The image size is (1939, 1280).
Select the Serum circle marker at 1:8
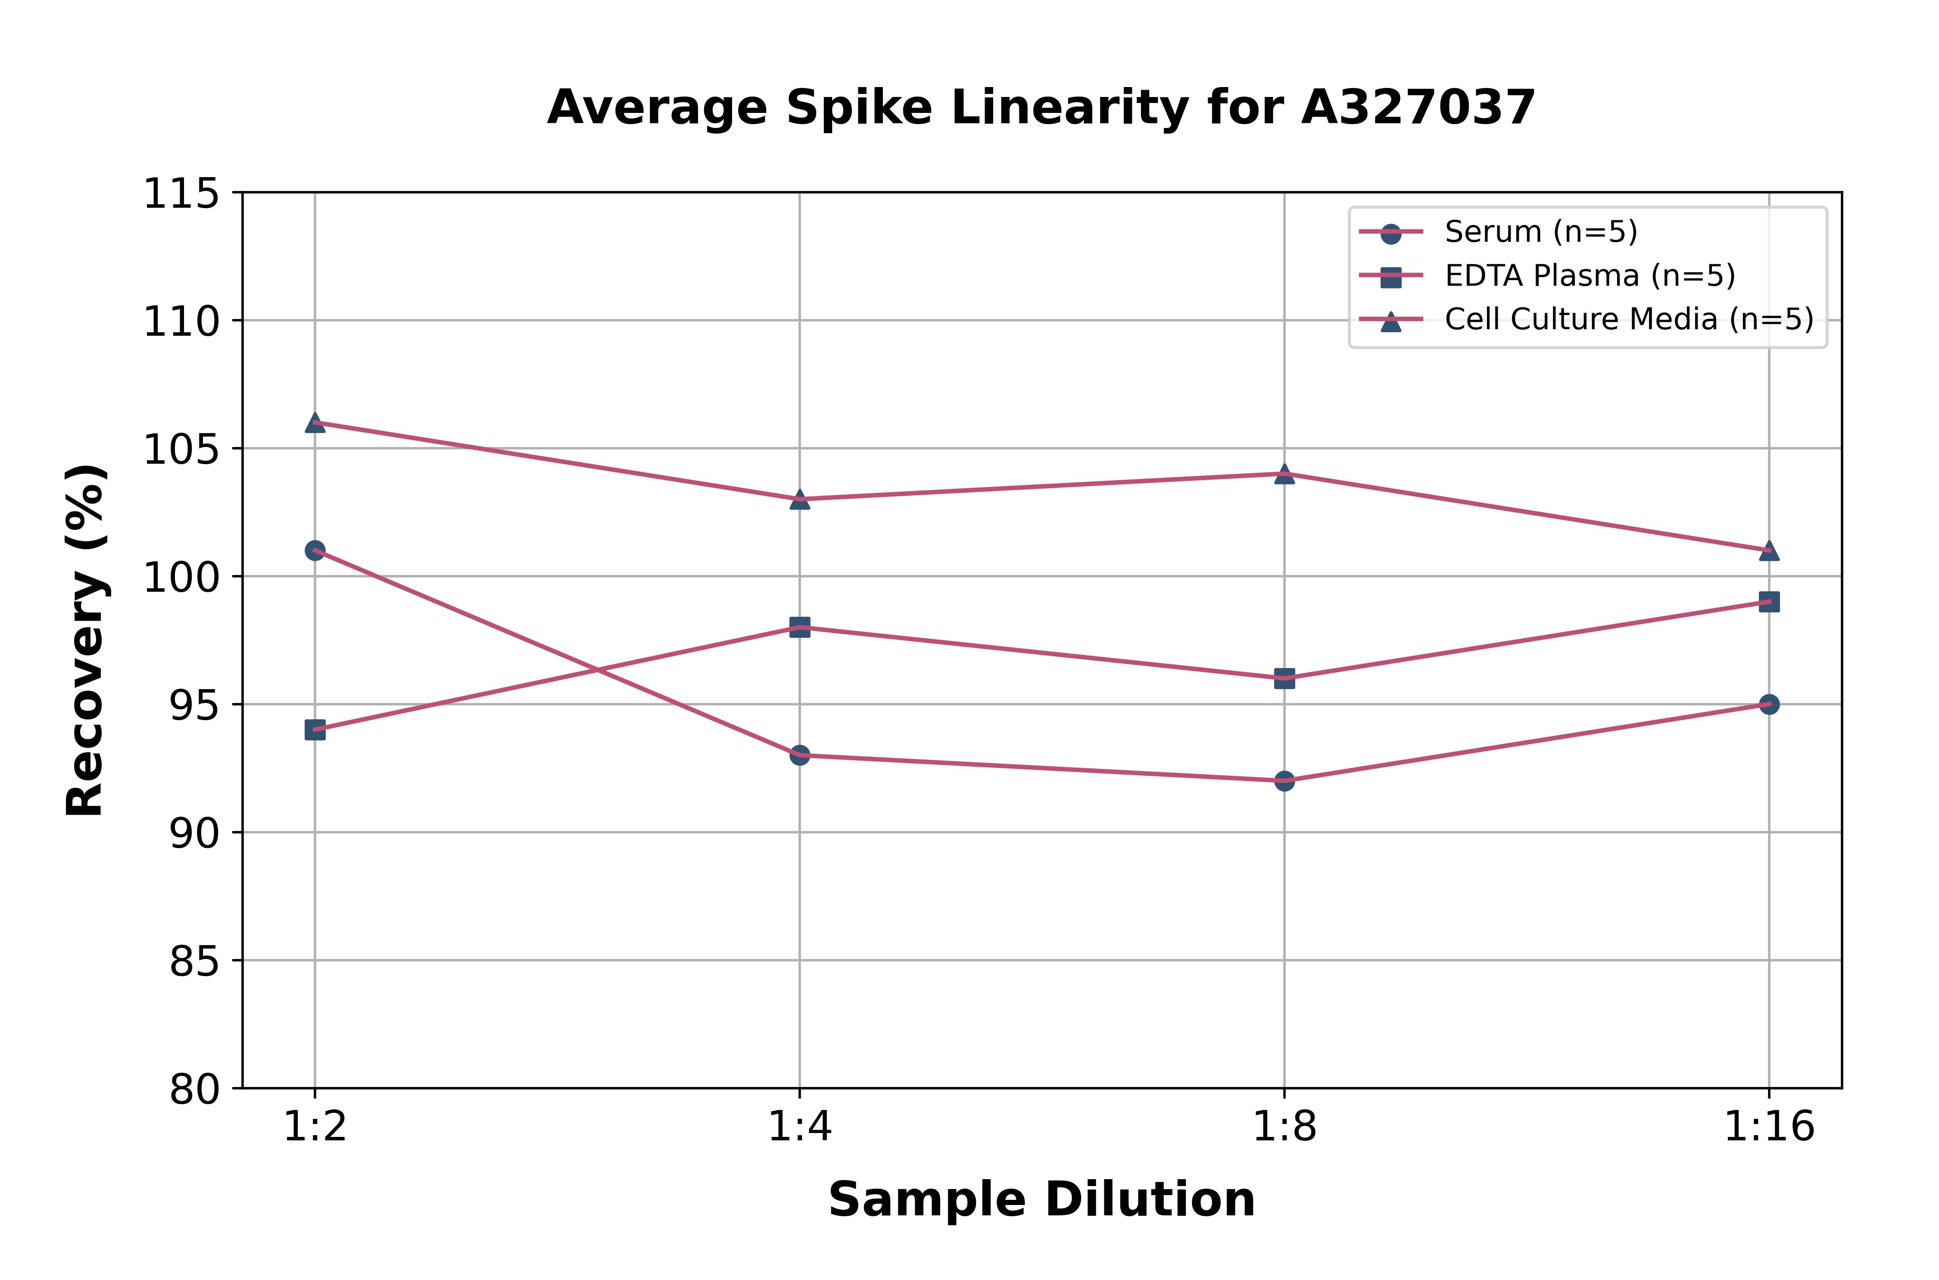1284,780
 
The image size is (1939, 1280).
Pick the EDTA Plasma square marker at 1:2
315,730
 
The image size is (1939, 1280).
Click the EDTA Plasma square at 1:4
800,627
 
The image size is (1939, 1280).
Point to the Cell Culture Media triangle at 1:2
315,422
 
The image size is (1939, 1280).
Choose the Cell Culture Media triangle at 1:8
1284,474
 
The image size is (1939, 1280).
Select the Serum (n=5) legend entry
1540,232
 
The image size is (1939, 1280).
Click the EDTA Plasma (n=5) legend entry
1589,276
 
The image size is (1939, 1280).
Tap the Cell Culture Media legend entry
1628,319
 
